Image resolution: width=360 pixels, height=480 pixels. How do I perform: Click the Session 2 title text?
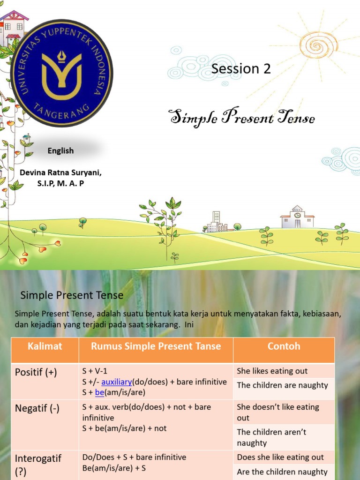241,69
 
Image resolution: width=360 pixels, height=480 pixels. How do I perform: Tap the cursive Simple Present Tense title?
241,118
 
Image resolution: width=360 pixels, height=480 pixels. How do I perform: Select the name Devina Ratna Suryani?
60,172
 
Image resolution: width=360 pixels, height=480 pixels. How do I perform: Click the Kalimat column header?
45,346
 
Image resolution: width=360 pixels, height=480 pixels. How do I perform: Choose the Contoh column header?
284,346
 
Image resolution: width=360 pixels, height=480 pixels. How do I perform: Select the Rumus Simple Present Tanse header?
156,346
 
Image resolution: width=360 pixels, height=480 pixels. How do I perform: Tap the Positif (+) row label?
36,373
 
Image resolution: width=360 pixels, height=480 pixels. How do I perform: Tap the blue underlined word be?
99,392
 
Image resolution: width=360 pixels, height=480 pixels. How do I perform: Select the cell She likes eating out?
272,371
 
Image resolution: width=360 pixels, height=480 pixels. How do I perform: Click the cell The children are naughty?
283,385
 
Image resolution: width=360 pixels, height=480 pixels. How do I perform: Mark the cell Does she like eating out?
280,457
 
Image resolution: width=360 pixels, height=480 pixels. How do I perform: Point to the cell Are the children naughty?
282,472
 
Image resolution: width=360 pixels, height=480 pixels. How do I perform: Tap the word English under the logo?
60,151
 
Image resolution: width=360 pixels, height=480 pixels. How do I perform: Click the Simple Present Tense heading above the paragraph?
72,295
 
